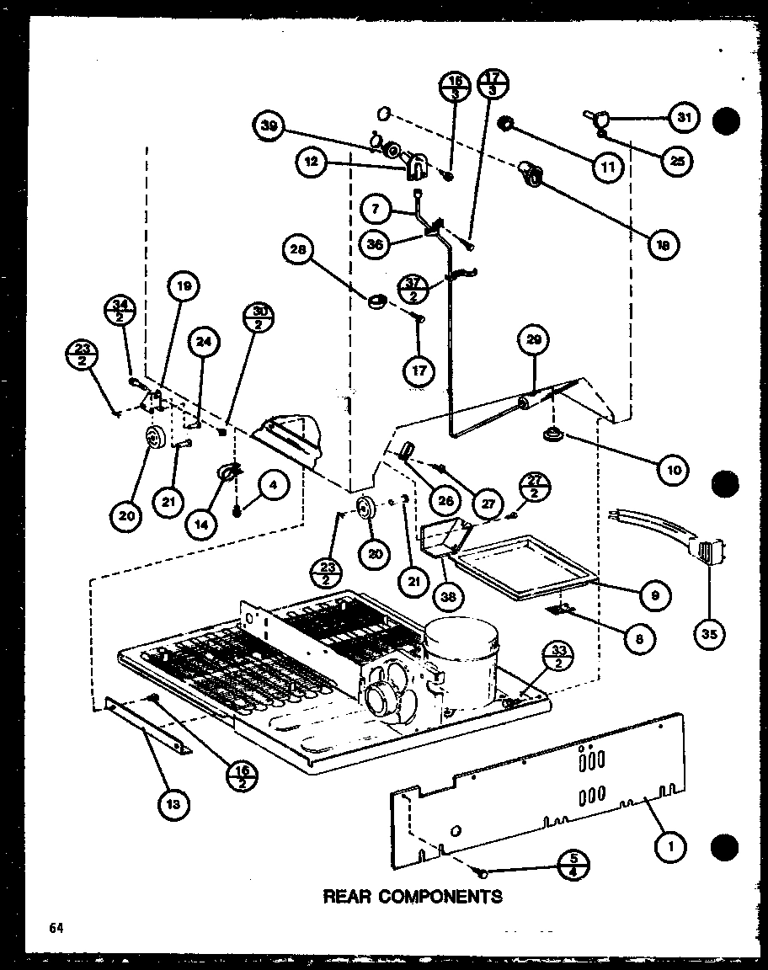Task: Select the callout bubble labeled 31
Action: [x=684, y=118]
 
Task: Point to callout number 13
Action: [x=173, y=806]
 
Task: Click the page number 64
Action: [x=56, y=928]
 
